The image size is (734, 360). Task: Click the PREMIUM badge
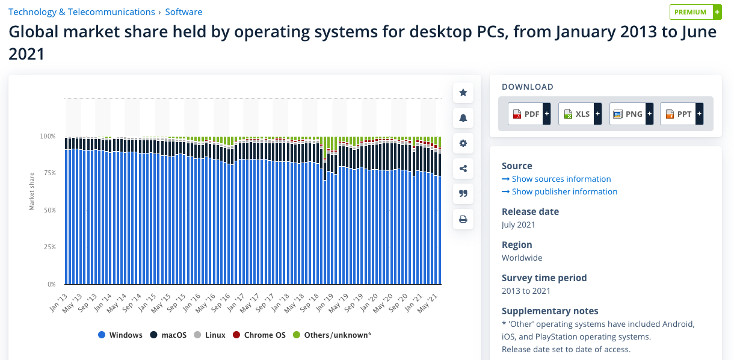(695, 12)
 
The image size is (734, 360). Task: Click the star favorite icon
(463, 93)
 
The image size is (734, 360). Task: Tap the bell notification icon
(463, 118)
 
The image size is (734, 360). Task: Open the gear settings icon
(463, 143)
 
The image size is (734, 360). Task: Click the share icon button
(463, 169)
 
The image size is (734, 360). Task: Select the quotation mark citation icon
(463, 194)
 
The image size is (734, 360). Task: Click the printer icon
(463, 219)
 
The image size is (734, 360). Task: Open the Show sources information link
(557, 179)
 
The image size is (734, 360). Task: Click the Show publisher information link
(560, 191)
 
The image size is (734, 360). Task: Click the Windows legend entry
(120, 335)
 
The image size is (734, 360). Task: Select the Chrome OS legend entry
(259, 335)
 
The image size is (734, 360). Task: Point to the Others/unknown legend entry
(332, 335)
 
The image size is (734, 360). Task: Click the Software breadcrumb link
(183, 12)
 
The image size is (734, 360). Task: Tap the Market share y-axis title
(32, 191)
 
